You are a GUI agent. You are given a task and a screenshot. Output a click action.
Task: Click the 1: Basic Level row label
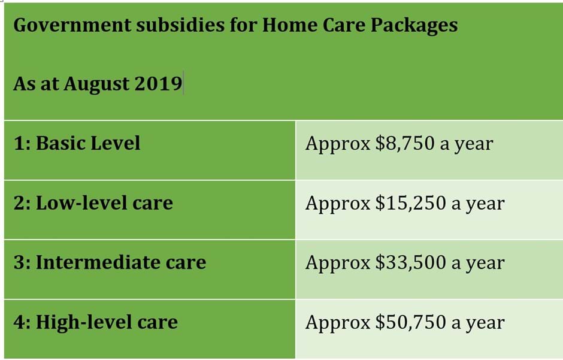[x=77, y=144]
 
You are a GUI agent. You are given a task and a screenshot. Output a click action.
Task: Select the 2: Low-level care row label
[x=93, y=203]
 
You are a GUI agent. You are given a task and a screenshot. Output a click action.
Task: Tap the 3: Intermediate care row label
[x=110, y=262]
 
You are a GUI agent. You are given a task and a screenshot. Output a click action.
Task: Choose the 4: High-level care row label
[x=95, y=322]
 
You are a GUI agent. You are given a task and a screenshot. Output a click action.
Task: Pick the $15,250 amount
[x=410, y=204]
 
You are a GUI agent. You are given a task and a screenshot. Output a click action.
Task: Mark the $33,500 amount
[x=410, y=263]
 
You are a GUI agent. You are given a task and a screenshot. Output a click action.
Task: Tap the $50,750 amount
[x=410, y=323]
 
